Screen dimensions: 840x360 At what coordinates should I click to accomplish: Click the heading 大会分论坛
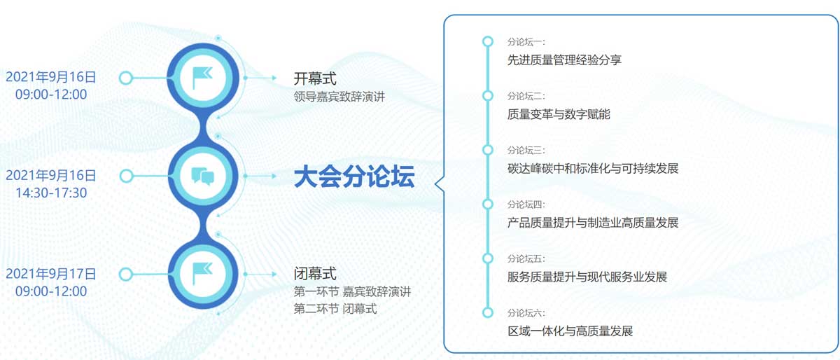click(354, 176)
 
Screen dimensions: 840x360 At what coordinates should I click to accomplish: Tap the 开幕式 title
click(315, 78)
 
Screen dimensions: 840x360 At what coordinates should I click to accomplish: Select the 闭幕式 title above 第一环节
click(315, 274)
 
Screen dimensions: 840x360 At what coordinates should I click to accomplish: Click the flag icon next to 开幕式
click(202, 78)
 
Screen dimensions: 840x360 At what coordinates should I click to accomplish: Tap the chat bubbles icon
click(202, 176)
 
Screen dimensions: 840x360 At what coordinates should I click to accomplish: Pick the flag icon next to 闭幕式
click(202, 273)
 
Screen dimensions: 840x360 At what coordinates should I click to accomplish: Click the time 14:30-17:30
click(51, 193)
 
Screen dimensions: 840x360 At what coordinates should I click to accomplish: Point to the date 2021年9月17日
click(51, 274)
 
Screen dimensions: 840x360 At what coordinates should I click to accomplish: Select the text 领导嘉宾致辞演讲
click(339, 97)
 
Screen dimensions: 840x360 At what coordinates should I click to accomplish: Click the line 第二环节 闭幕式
click(335, 309)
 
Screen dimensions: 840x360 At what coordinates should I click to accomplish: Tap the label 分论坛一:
click(526, 41)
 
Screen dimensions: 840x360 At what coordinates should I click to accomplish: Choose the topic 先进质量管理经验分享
click(564, 60)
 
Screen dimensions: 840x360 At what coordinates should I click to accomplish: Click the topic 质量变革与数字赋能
click(559, 114)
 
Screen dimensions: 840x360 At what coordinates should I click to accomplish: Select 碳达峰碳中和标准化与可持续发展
click(593, 169)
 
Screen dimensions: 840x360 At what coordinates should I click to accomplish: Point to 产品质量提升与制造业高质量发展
click(593, 223)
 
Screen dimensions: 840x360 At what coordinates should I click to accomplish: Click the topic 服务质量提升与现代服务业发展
click(587, 277)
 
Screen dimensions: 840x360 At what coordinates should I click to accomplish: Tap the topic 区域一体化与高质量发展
click(570, 331)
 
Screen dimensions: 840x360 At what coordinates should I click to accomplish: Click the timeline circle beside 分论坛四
click(487, 205)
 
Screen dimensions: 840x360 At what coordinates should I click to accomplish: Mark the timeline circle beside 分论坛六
click(487, 312)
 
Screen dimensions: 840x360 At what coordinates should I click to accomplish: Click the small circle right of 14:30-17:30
click(127, 176)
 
